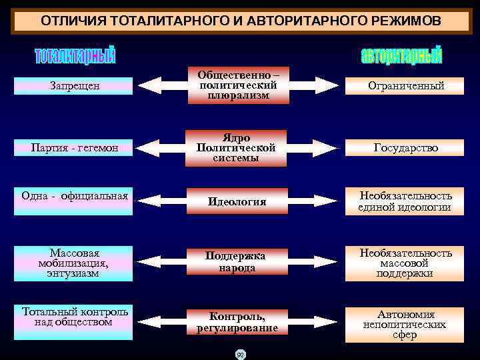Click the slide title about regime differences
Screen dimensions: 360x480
[x=240, y=21]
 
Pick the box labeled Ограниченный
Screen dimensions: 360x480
[x=406, y=86]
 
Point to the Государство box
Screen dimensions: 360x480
[x=406, y=147]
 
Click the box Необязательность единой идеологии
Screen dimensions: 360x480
[x=406, y=201]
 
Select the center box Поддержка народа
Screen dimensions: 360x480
[x=239, y=262]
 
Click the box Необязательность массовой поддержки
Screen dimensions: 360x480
[x=406, y=263]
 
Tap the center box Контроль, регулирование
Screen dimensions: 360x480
[x=239, y=322]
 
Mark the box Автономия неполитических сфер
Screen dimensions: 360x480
[x=406, y=324]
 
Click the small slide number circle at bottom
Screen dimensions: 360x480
[x=240, y=353]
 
